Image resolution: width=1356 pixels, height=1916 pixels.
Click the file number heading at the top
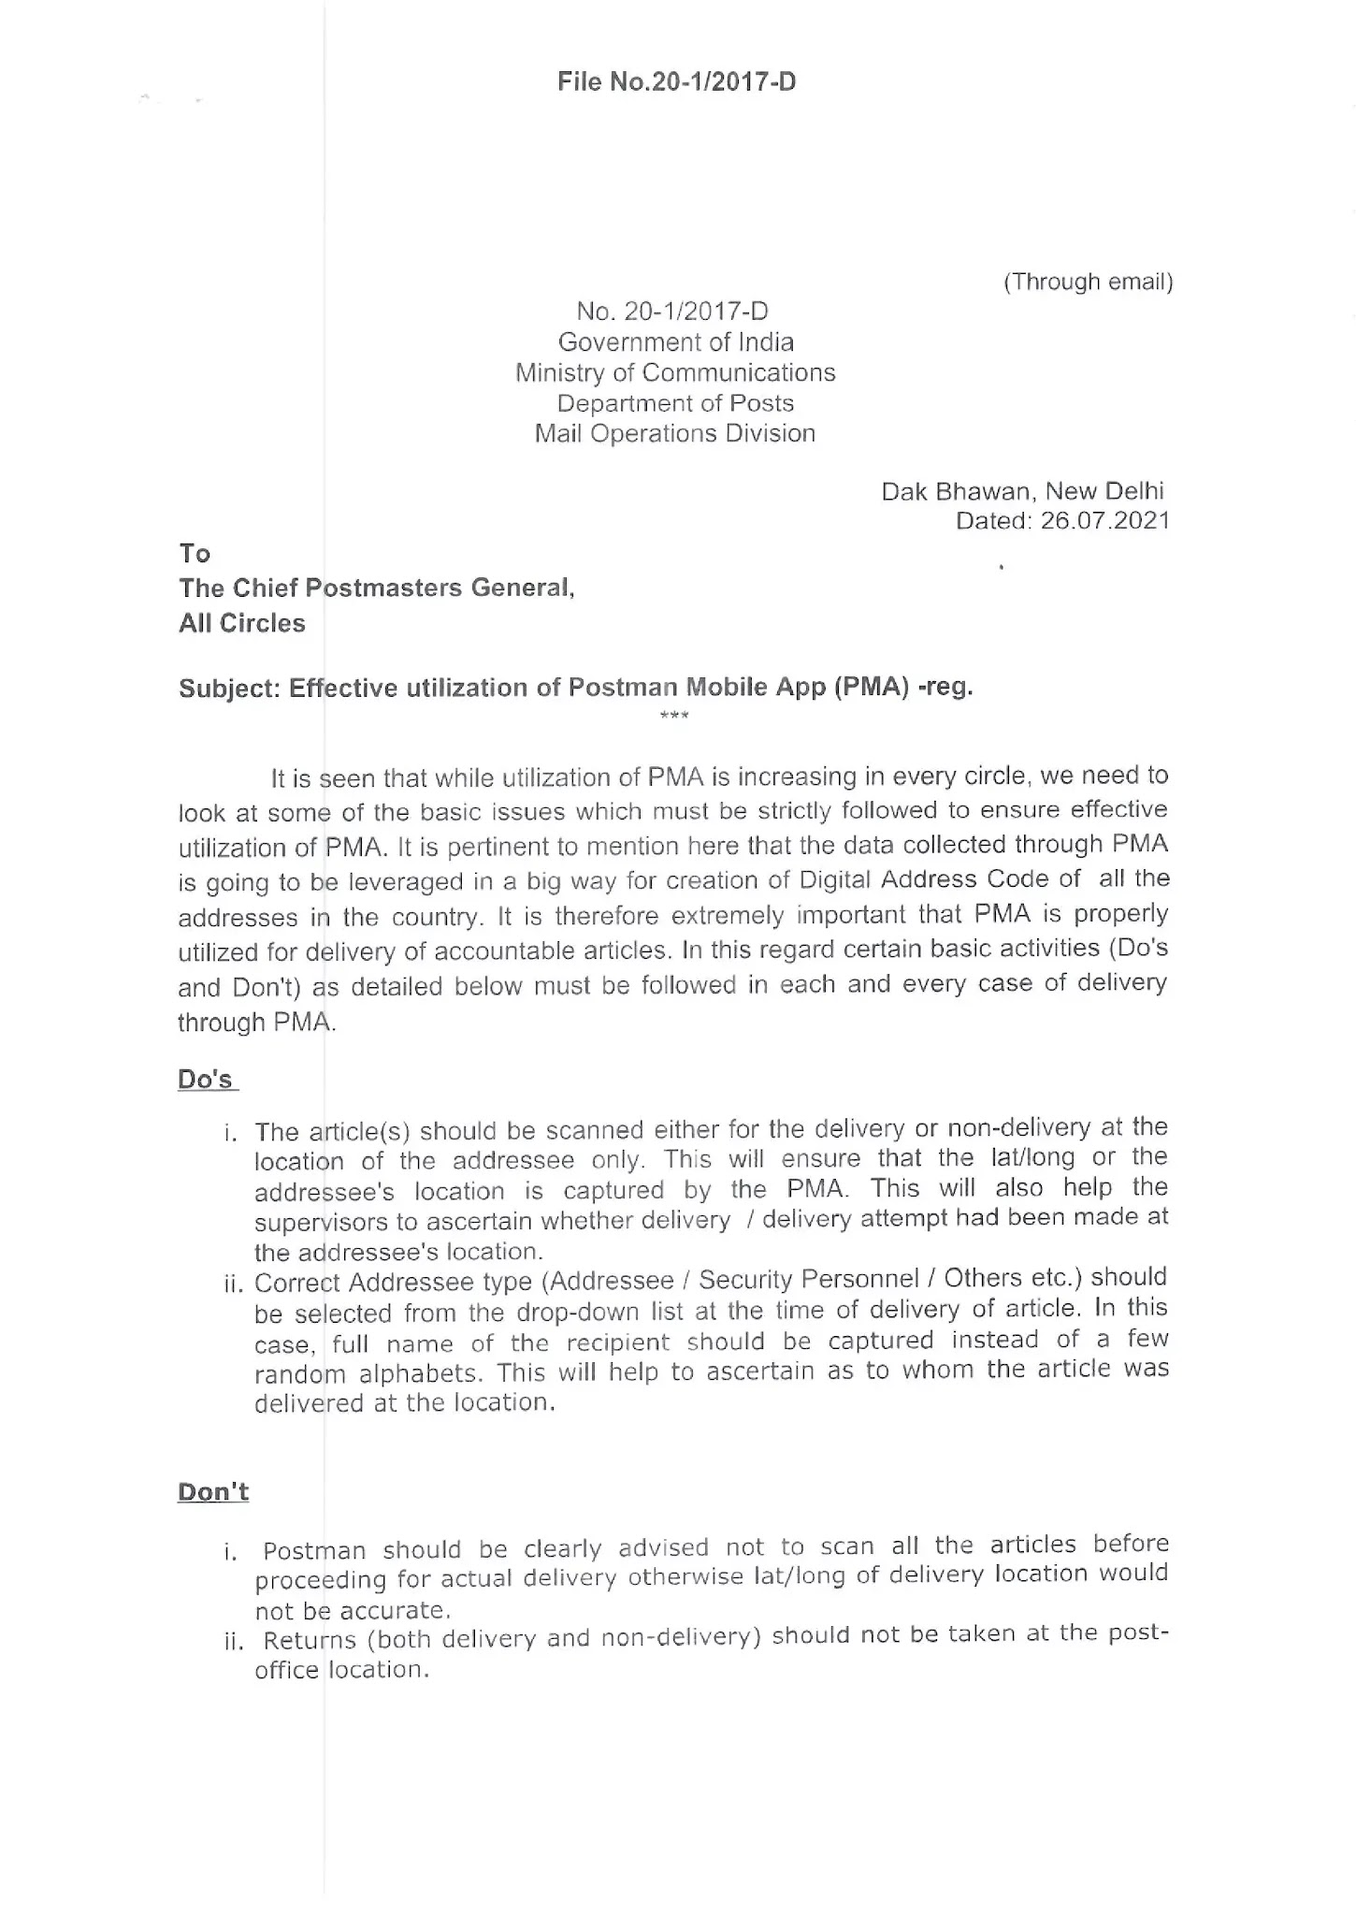[x=676, y=82]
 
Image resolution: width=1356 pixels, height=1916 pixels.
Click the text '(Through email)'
[x=1088, y=282]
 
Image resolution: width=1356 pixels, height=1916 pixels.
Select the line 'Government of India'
[x=675, y=342]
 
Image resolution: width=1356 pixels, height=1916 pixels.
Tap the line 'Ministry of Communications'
[x=675, y=373]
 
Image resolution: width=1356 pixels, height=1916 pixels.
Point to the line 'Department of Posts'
[x=675, y=403]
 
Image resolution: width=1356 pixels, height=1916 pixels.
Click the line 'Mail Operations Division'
[x=675, y=434]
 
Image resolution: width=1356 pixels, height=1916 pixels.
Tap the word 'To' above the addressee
[x=195, y=554]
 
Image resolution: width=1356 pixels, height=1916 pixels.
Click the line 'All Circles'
[x=242, y=624]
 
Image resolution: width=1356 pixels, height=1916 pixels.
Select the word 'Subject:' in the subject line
[x=229, y=689]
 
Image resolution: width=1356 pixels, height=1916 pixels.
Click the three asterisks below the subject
[x=674, y=717]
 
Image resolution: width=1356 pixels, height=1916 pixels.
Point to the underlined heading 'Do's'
[x=206, y=1080]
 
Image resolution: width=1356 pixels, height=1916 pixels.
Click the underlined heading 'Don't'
[x=213, y=1491]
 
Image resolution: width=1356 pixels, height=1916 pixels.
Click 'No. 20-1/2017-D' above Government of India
[x=672, y=312]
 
